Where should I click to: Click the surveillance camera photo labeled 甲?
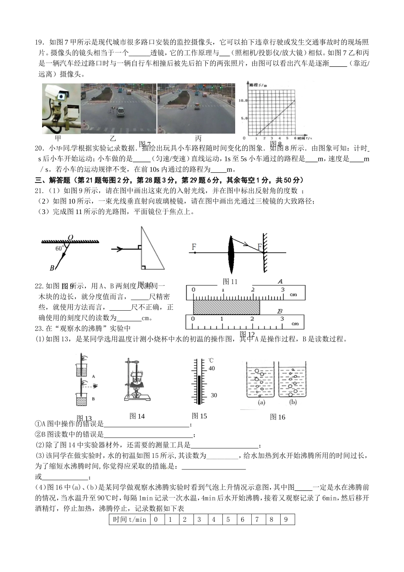tap(61, 108)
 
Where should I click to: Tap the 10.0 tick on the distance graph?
tap(243, 100)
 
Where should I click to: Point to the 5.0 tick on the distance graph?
tap(244, 118)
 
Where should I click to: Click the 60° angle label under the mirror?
tap(60, 248)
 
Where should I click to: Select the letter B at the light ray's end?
tap(52, 268)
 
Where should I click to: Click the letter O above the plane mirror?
tap(70, 237)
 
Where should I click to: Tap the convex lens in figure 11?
tap(231, 253)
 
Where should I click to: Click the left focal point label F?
tap(194, 246)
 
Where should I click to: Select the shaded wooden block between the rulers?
tap(226, 307)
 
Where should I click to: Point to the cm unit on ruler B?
tap(295, 324)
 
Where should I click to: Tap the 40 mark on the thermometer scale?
tap(212, 369)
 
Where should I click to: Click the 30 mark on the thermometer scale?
tap(213, 395)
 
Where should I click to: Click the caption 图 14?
tap(137, 416)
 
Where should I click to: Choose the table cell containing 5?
tap(228, 519)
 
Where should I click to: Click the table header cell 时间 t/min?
tap(129, 519)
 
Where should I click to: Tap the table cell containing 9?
tap(286, 519)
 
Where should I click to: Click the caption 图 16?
tap(277, 417)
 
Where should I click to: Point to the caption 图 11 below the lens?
tap(230, 281)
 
